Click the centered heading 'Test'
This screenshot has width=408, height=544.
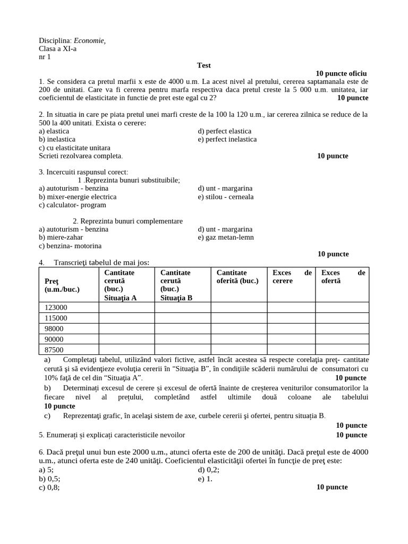203,65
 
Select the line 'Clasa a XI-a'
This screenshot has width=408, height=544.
57,49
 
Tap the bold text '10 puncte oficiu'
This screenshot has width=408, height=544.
341,73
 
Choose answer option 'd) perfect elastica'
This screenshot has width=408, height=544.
224,131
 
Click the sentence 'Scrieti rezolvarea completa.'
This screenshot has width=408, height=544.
81,156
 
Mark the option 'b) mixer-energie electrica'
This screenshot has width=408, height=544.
78,197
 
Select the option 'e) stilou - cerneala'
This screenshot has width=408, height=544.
225,197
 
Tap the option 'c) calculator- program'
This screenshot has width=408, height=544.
72,205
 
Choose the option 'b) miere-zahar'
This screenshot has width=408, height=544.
61,237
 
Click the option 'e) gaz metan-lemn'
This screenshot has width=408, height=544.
225,237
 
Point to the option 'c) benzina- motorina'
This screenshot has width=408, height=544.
70,246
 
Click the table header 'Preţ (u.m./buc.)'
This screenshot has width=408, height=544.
62,285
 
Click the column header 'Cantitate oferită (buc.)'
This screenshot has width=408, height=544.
237,277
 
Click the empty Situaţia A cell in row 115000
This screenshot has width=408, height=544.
126,318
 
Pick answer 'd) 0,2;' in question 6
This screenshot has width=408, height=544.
208,470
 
